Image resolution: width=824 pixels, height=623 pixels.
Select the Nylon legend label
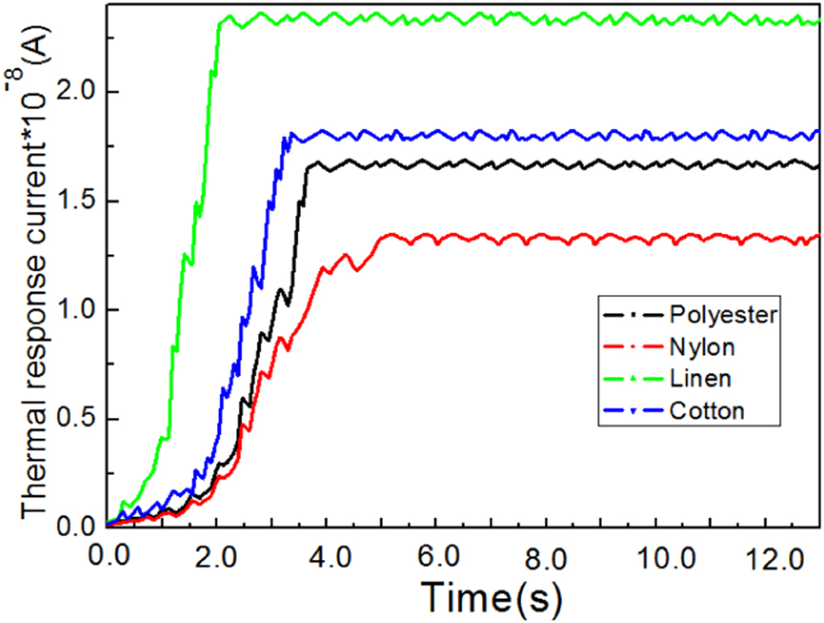[702, 347]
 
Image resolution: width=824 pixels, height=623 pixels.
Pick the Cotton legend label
[706, 410]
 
